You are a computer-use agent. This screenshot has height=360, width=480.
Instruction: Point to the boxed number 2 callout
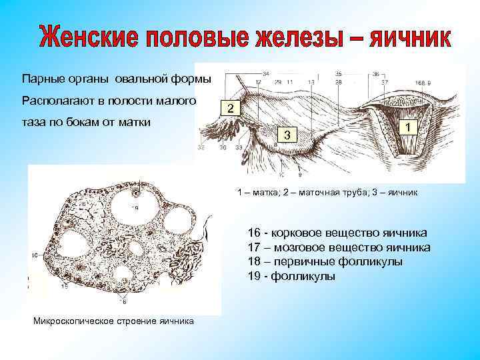click(x=229, y=109)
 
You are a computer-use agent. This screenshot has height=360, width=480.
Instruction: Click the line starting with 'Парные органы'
click(x=117, y=79)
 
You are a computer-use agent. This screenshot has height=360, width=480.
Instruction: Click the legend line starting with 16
click(x=337, y=233)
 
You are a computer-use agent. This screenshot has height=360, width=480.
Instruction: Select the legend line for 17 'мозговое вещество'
click(x=339, y=247)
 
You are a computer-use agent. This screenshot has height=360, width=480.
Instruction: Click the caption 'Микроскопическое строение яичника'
click(x=113, y=321)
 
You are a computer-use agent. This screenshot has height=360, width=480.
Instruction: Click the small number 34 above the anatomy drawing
click(x=266, y=73)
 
